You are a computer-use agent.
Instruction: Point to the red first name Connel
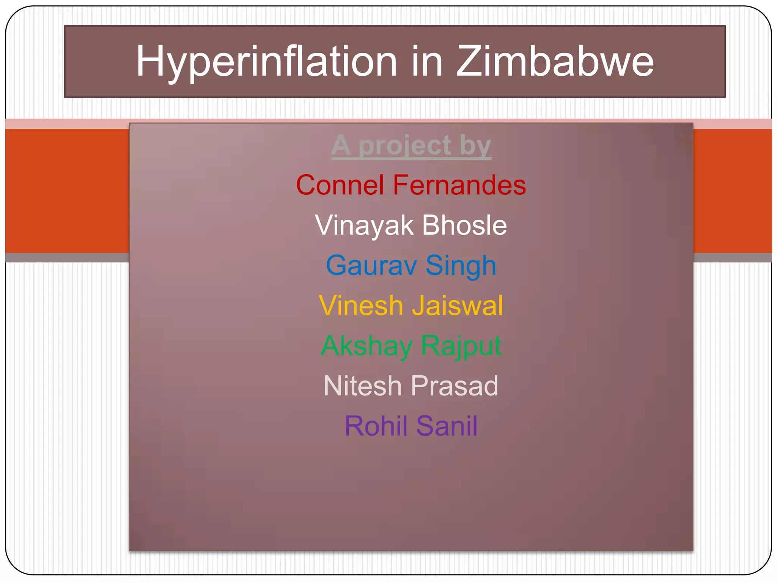click(x=340, y=185)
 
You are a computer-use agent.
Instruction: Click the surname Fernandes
click(x=459, y=185)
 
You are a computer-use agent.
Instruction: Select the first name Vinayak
click(x=364, y=225)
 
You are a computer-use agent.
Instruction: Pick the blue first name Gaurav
click(x=371, y=265)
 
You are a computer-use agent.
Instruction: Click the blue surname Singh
click(x=461, y=266)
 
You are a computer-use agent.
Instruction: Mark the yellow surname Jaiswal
click(x=458, y=306)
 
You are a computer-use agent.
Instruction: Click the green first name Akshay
click(x=366, y=346)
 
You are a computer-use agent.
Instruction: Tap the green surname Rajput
click(x=461, y=346)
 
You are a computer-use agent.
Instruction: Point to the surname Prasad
click(x=455, y=386)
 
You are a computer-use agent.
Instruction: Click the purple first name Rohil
click(x=376, y=426)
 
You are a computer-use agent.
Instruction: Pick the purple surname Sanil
click(x=447, y=426)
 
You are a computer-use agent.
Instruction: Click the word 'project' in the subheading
click(x=405, y=146)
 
